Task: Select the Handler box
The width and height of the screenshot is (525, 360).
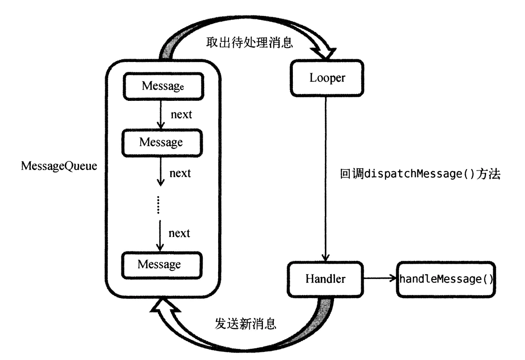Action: (325, 279)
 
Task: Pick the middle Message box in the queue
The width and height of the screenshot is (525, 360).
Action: (161, 142)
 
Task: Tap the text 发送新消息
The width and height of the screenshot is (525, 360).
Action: (245, 324)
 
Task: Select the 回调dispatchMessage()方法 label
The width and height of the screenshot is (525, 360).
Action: (419, 175)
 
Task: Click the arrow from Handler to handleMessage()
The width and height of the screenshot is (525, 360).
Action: (380, 279)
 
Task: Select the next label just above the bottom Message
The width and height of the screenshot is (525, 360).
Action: (179, 233)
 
